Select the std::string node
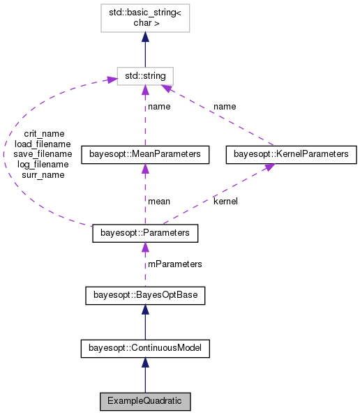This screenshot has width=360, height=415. click(145, 75)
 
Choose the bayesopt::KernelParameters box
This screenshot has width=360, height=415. click(292, 153)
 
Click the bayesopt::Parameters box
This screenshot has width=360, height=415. click(145, 233)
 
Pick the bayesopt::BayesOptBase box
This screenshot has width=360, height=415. click(145, 296)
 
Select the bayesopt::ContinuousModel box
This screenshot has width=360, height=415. click(145, 347)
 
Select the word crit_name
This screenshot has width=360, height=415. click(43, 133)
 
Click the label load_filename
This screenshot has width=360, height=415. click(43, 144)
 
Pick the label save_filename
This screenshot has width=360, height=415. click(43, 154)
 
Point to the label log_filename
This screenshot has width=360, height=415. click(43, 165)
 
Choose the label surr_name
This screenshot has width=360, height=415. click(43, 175)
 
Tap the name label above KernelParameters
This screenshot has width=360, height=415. click(224, 107)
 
